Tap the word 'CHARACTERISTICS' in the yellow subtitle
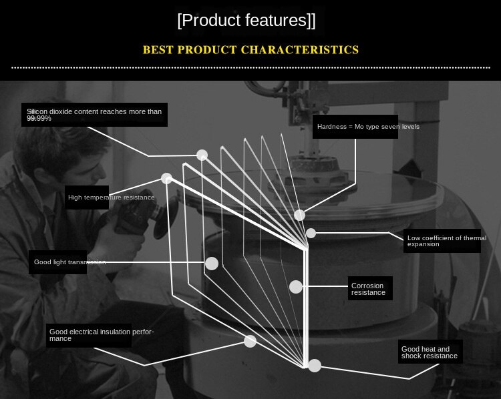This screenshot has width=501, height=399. tap(300, 50)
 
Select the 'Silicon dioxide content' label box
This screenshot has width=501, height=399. tap(94, 115)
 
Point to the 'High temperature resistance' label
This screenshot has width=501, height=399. tap(87, 197)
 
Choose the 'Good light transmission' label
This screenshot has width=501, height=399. tap(58, 262)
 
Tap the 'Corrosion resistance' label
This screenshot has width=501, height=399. tap(370, 288)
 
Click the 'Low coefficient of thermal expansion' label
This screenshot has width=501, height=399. tap(442, 241)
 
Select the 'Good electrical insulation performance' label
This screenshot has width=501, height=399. tap(89, 336)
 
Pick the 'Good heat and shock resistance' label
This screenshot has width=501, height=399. tap(430, 352)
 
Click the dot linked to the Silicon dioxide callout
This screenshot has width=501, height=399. tap(202, 155)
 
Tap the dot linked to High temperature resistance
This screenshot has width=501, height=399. tap(166, 178)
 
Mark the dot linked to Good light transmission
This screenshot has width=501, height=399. tap(212, 264)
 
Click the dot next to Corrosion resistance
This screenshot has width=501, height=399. tap(296, 287)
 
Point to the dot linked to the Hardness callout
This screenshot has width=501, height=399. tap(299, 215)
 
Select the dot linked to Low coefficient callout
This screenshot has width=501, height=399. tap(311, 234)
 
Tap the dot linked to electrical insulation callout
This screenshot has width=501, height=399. tap(250, 341)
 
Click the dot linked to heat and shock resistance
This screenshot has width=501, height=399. tap(315, 366)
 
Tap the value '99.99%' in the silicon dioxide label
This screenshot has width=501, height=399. tap(39, 118)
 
